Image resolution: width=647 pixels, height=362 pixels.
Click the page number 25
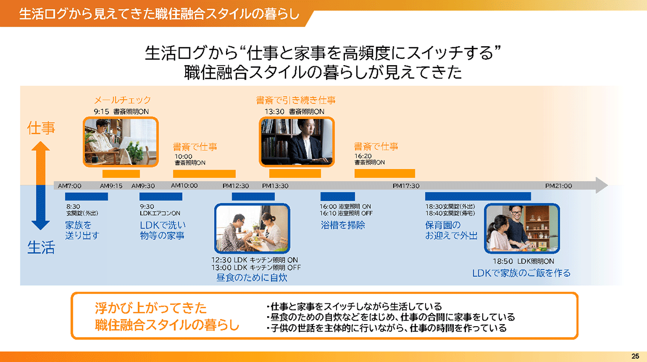pos(635,356)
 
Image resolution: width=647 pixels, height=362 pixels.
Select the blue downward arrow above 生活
pos(41,209)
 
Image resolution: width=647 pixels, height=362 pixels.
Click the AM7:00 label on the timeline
pos(70,186)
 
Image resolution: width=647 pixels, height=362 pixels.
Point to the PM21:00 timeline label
pos(558,186)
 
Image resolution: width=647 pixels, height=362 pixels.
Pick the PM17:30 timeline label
pos(406,186)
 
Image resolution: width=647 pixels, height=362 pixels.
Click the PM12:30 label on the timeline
pos(236,186)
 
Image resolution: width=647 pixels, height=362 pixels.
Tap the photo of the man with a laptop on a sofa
pos(120,142)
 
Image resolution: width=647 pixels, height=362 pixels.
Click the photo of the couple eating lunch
pos(252,229)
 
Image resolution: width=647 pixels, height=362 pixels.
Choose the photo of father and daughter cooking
pos(522,229)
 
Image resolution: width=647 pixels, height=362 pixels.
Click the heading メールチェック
pos(122,101)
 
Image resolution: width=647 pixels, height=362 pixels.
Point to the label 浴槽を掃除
pos(343,225)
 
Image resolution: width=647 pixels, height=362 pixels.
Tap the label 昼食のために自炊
pos(252,277)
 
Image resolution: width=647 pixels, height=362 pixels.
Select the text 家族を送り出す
pos(82,230)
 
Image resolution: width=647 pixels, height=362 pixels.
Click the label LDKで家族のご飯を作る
pos(521,273)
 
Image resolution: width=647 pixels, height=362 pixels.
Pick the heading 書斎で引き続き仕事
pos(296,101)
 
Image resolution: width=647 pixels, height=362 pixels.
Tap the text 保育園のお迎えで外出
pos(451,230)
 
